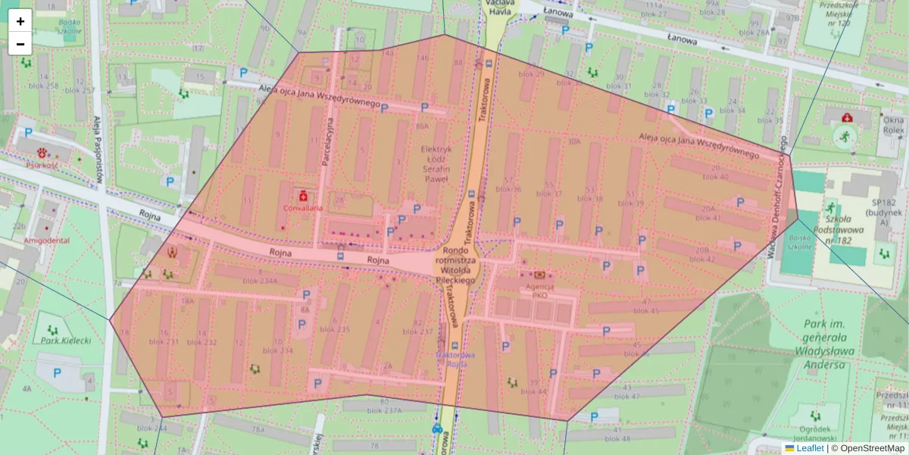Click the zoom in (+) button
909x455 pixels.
point(20,21)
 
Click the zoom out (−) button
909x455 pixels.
point(20,44)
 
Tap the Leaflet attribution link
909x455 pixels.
point(810,448)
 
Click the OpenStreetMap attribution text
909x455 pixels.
point(868,448)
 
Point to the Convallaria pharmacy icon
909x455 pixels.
point(303,195)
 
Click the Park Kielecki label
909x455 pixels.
point(66,340)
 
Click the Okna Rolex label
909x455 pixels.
point(893,125)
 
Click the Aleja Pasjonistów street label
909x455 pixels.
point(97,152)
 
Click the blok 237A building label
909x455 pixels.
point(385,411)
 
